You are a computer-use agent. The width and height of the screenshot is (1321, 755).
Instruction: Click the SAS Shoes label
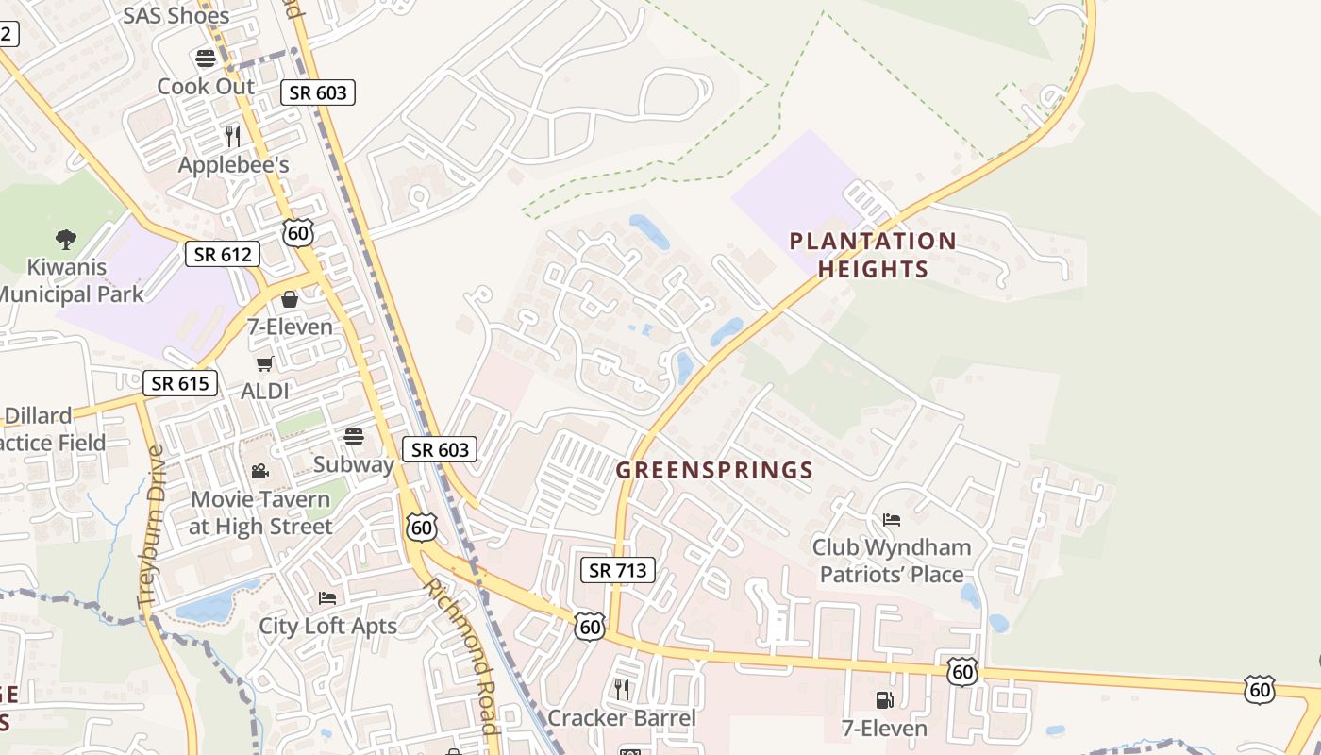pos(176,15)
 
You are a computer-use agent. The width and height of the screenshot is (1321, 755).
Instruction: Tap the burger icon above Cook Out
pos(206,58)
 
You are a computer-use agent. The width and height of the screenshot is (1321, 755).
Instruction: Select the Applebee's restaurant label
pos(233,165)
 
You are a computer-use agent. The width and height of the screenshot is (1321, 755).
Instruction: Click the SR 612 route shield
pos(223,254)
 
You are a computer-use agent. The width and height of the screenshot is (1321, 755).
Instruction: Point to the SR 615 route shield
pos(180,383)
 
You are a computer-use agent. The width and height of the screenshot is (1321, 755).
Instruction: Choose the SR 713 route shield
pos(617,569)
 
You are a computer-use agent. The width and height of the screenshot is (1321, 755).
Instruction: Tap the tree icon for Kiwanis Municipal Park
pos(65,239)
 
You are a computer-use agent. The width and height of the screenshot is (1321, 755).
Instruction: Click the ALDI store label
pos(264,391)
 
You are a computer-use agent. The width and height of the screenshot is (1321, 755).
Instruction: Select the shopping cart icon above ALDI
pos(264,363)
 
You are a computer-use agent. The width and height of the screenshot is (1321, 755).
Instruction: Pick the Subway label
pos(353,464)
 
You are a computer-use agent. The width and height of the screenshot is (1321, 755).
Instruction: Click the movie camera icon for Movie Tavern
pos(259,471)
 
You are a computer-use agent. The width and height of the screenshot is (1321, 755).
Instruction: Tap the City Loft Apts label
pos(327,626)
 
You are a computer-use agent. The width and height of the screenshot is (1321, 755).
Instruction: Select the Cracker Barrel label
pos(621,718)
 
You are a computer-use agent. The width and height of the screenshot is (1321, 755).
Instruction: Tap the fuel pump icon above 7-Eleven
pos(884,700)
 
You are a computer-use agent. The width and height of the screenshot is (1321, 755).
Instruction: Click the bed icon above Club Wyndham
pos(891,520)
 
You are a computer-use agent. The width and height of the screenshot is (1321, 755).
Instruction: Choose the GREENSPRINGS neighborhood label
pos(714,470)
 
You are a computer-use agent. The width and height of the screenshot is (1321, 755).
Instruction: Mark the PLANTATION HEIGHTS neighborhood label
pos(873,255)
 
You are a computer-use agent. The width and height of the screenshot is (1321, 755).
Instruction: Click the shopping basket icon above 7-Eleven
pos(290,299)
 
